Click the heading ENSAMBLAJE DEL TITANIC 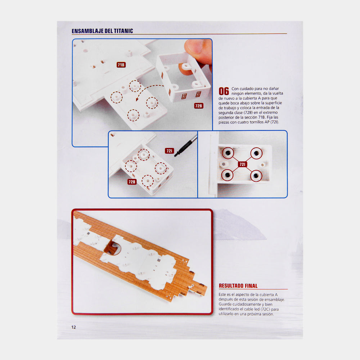click(x=102, y=31)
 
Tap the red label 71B click(x=121, y=65)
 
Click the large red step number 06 click(x=224, y=91)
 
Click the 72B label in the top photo click(x=199, y=106)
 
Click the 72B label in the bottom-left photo click(x=132, y=182)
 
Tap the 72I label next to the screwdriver click(x=169, y=151)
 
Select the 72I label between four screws click(x=242, y=164)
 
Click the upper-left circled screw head click(x=228, y=153)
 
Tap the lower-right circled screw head click(x=256, y=176)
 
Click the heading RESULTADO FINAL click(x=238, y=286)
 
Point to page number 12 click(x=73, y=327)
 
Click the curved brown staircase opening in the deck click(x=112, y=248)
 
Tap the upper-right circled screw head click(x=256, y=153)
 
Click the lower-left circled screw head click(x=227, y=175)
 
